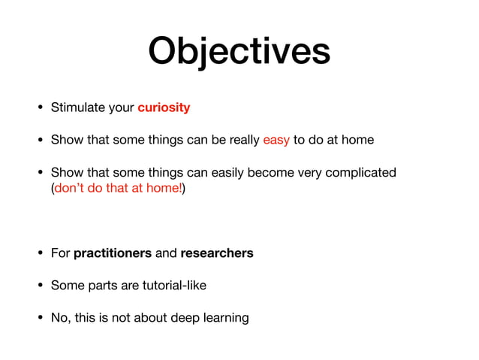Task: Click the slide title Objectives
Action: point(239,51)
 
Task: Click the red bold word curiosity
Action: point(164,107)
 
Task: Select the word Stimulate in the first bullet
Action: point(77,107)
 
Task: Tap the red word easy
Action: point(276,140)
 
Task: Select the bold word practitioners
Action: point(113,253)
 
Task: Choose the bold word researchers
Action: point(217,253)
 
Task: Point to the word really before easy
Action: point(240,141)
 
